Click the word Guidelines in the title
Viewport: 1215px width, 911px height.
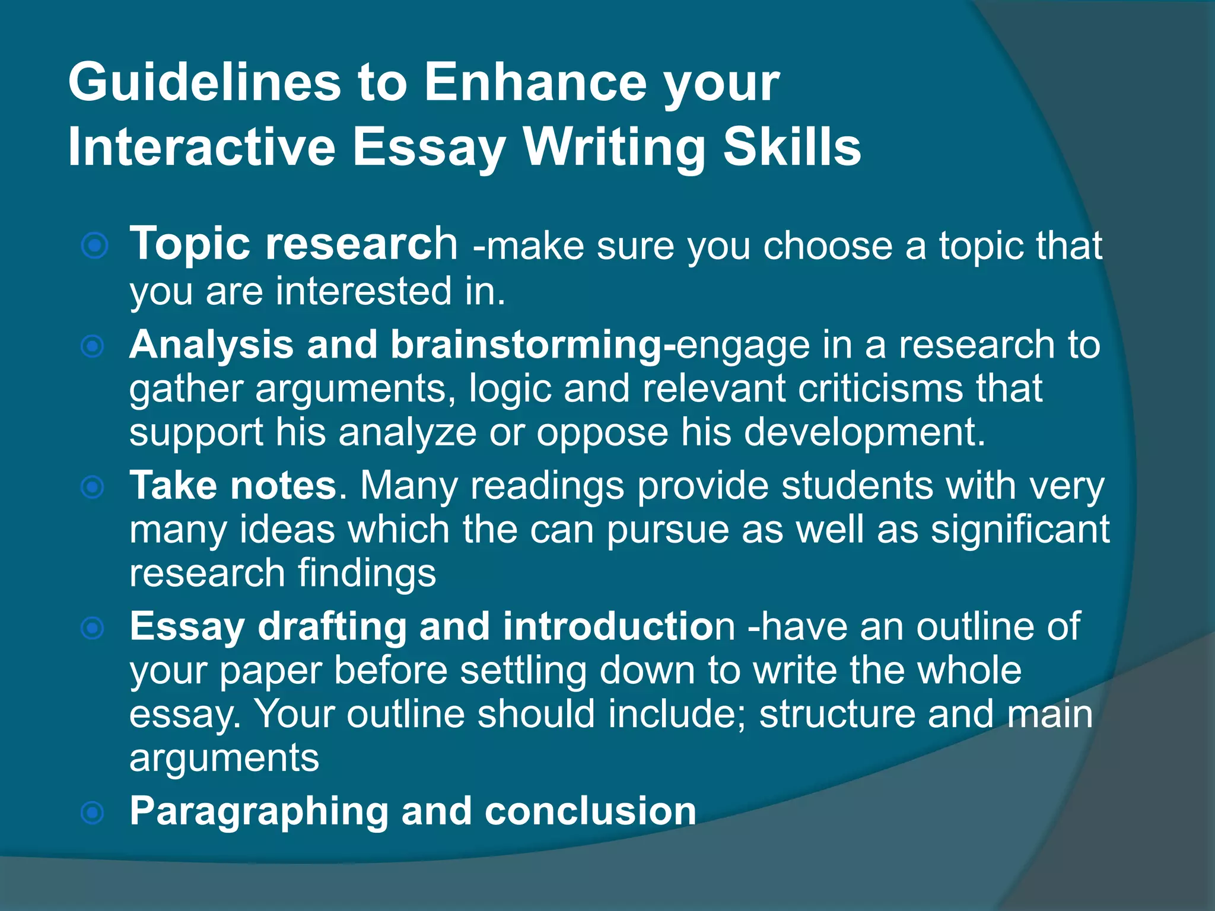[204, 83]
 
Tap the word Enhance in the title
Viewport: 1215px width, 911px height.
[535, 83]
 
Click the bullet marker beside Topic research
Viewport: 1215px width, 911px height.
[94, 246]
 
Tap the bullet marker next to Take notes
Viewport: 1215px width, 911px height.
[93, 488]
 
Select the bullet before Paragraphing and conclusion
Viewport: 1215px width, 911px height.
[93, 813]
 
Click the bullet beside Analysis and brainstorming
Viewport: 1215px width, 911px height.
[93, 346]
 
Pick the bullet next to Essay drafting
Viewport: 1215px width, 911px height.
[93, 628]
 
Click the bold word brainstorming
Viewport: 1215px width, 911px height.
[526, 345]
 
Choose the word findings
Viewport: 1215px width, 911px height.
[367, 574]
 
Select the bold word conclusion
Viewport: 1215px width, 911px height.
[590, 811]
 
